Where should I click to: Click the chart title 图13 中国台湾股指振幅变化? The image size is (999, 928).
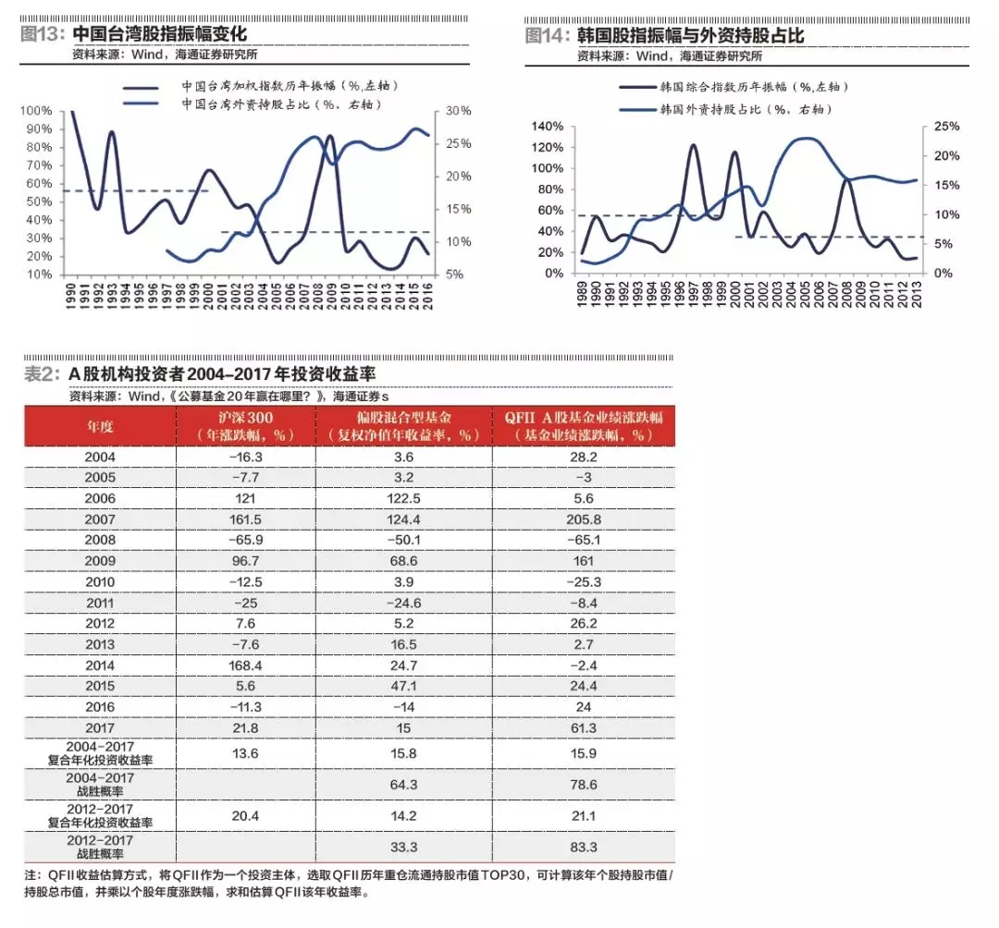click(134, 34)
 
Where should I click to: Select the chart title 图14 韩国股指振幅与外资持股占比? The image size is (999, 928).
click(664, 35)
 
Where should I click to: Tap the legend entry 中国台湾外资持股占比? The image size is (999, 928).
click(282, 104)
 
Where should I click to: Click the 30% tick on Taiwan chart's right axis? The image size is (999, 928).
click(458, 111)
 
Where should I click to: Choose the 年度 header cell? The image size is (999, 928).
click(99, 426)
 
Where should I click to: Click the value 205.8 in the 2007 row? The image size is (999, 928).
click(584, 520)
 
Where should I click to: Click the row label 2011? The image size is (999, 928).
click(99, 603)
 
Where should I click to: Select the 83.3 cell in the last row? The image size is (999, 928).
click(584, 846)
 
